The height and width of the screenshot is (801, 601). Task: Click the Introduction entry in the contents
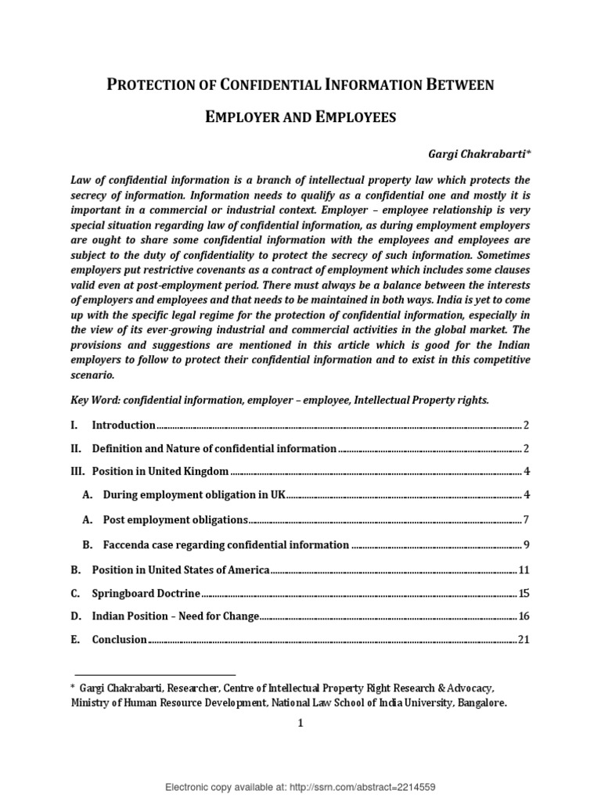pyautogui.click(x=124, y=425)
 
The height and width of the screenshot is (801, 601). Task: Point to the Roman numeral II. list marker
pyautogui.click(x=76, y=448)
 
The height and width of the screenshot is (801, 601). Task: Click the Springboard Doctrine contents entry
pyautogui.click(x=146, y=593)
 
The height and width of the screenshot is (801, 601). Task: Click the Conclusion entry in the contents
pyautogui.click(x=119, y=640)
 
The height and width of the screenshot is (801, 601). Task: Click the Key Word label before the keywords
pyautogui.click(x=92, y=400)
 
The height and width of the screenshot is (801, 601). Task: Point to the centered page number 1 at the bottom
pyautogui.click(x=300, y=724)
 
